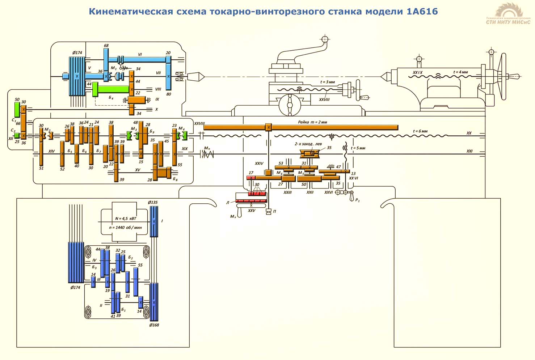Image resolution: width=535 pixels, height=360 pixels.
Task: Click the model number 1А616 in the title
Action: coord(422,12)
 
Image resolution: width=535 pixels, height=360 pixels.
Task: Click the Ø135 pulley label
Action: coord(153,202)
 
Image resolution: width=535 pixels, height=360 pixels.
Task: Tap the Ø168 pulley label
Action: coord(154,325)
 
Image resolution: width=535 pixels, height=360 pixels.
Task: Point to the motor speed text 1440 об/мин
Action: coord(126,228)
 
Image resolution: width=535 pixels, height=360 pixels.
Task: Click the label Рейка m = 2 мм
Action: coord(312,122)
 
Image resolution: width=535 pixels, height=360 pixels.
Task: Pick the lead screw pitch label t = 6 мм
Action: coord(420,131)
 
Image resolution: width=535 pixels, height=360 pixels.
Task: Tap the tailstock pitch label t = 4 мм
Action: coord(460,72)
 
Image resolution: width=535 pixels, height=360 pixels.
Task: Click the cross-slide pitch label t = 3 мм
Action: coord(328,82)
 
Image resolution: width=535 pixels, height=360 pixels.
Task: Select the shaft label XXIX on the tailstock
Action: coord(418,73)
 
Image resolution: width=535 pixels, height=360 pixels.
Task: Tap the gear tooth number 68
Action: coord(106,46)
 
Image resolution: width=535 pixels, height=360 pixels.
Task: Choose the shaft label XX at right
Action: coord(469,133)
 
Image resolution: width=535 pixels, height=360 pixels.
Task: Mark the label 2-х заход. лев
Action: coord(308,144)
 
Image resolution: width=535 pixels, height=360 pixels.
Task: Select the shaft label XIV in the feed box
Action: coord(51,151)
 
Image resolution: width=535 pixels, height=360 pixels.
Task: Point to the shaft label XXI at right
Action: coord(469,151)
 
